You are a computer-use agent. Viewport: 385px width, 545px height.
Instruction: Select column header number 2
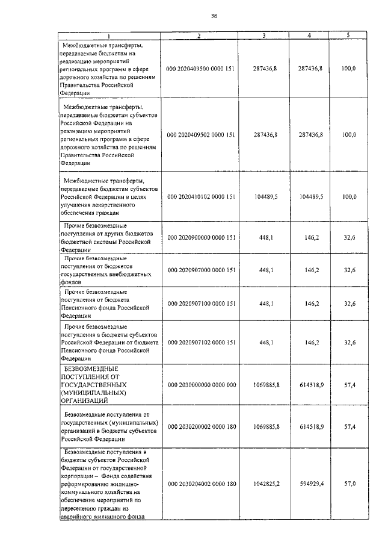click(x=200, y=36)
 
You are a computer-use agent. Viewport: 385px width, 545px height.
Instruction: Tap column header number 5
click(x=348, y=36)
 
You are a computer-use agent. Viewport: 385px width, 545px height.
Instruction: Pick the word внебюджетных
click(x=125, y=273)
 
